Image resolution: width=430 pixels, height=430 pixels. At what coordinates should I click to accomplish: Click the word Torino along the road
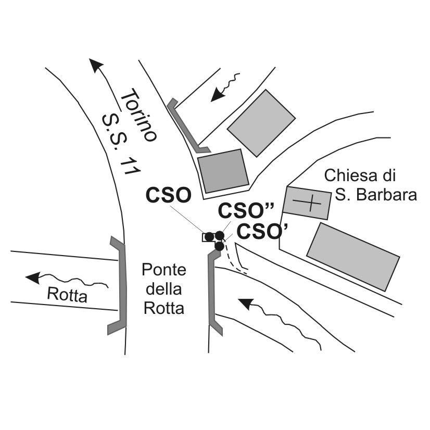tap(138, 117)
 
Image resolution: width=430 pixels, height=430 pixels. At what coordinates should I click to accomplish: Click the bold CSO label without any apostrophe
tap(169, 195)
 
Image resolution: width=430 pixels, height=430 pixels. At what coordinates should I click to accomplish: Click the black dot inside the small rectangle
tap(209, 237)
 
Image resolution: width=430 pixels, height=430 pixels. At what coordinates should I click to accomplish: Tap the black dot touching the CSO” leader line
tap(220, 236)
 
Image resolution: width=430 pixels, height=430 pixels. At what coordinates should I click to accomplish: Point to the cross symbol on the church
tap(307, 202)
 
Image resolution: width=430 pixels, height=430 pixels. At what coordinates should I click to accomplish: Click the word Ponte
tap(164, 270)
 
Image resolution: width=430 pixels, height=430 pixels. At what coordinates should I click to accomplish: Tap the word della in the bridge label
tap(164, 289)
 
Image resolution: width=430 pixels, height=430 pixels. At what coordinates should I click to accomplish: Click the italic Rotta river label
tap(67, 296)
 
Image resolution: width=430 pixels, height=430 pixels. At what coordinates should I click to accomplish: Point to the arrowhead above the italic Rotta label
tap(33, 277)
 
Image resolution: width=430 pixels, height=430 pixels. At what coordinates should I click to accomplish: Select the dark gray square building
tap(223, 171)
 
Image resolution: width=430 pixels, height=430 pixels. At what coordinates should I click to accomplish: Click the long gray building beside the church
tap(353, 256)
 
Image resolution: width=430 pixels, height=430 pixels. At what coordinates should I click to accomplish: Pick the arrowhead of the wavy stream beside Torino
tap(214, 96)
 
